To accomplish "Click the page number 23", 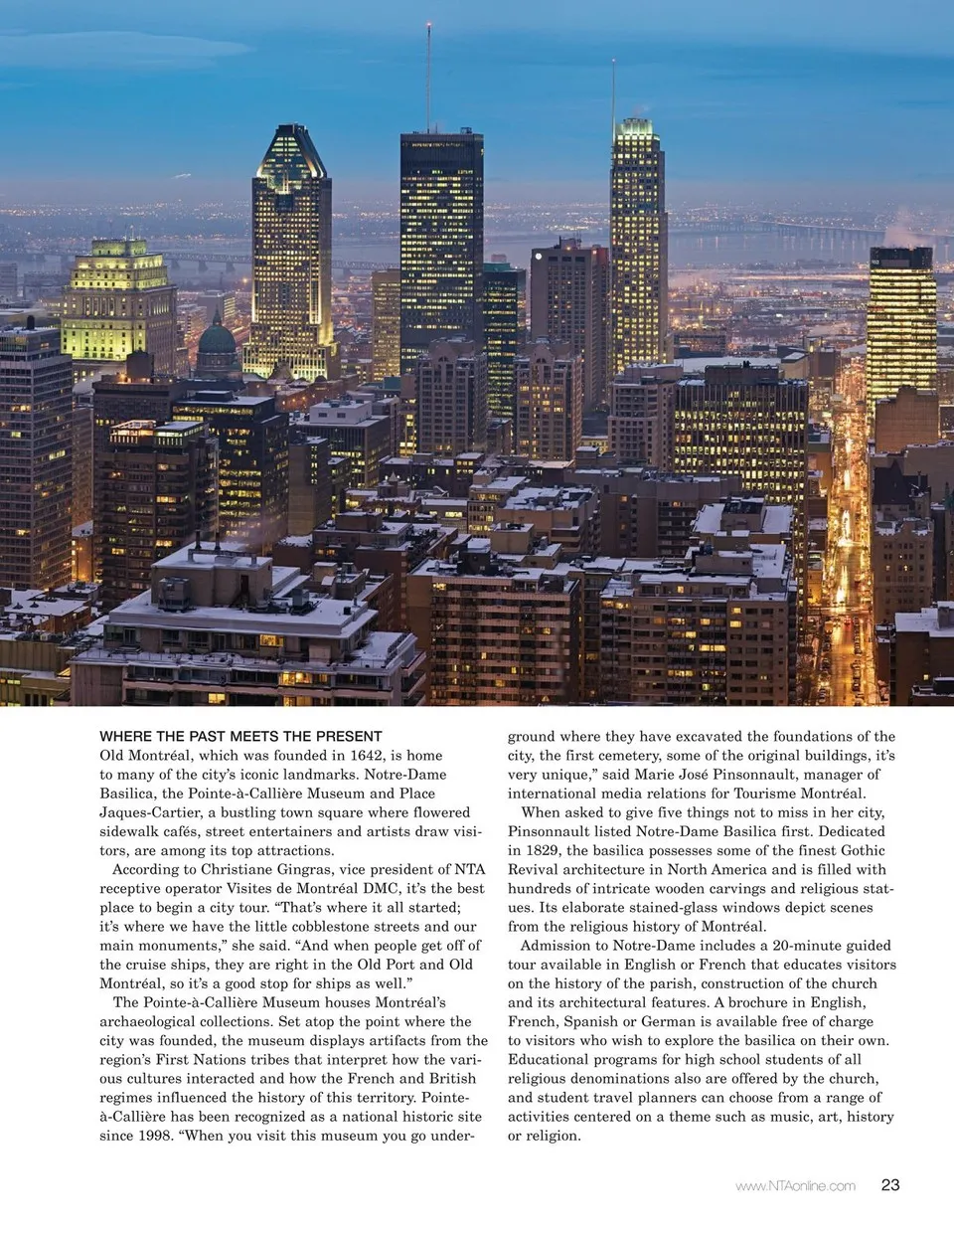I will pyautogui.click(x=890, y=1184).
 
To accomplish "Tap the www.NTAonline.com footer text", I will pyautogui.click(x=795, y=1185).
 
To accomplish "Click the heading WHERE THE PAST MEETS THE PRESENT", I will pyautogui.click(x=240, y=737).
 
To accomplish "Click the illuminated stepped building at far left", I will pyautogui.click(x=118, y=298).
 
